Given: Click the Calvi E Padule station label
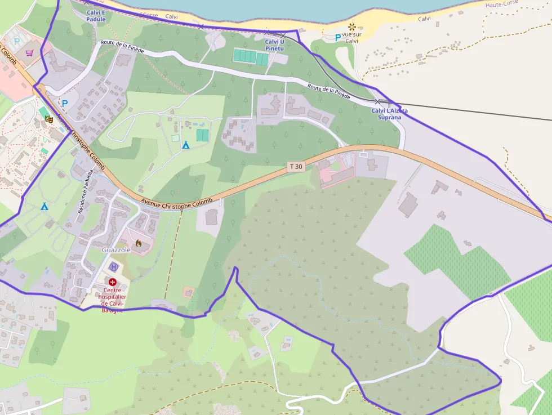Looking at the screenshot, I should (x=96, y=16).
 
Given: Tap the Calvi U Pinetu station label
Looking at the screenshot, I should (x=274, y=45).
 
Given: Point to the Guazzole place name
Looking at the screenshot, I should (x=116, y=249).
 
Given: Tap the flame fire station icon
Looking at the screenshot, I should (x=138, y=243).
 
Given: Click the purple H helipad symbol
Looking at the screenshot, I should (x=114, y=266).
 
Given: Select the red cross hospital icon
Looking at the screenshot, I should (x=113, y=282).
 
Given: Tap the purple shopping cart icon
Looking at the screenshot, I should (x=29, y=53).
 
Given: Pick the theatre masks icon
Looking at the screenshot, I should (x=48, y=119).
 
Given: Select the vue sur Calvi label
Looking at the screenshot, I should (x=352, y=37).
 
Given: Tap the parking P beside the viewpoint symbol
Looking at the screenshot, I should (x=337, y=38).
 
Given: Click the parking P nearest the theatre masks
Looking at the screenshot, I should (x=64, y=103).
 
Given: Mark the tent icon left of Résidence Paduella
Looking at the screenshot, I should (x=44, y=206).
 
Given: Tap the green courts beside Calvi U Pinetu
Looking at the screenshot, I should (x=251, y=56).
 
